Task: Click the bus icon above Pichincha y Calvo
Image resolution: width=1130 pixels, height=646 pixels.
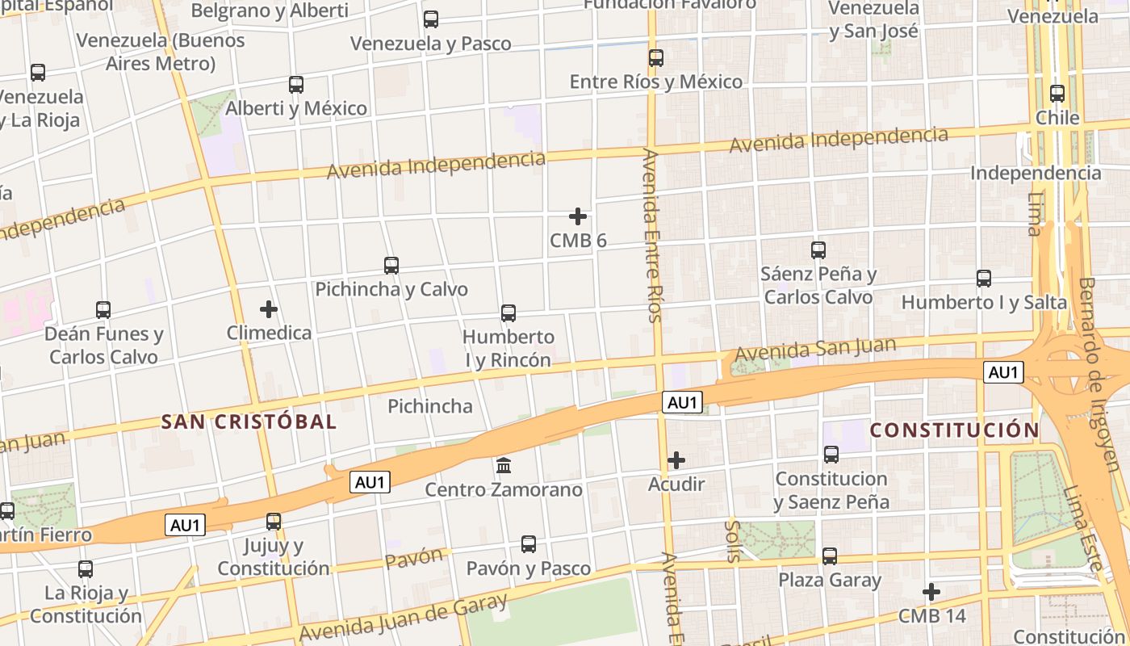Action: click(391, 265)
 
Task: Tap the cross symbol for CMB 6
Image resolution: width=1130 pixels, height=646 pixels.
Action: click(578, 216)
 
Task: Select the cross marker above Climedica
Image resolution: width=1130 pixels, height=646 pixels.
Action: click(269, 309)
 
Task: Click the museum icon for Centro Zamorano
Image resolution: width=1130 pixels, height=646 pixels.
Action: click(504, 465)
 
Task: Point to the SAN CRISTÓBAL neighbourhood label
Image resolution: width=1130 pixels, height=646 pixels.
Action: click(249, 422)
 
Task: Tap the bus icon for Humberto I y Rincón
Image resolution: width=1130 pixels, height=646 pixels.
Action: click(508, 313)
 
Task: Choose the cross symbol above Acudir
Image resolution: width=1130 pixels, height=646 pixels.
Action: click(676, 460)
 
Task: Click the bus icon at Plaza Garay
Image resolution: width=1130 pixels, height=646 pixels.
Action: click(830, 556)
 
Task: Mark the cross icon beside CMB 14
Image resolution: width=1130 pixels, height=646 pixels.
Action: click(931, 592)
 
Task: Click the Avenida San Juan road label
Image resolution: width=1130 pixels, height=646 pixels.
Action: click(815, 350)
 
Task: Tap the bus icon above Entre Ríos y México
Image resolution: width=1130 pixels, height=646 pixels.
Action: click(656, 58)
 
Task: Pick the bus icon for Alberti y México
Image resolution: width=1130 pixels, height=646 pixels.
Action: click(296, 84)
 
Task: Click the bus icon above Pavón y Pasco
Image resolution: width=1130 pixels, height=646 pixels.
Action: click(529, 544)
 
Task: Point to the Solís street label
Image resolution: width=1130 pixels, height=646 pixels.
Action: click(733, 541)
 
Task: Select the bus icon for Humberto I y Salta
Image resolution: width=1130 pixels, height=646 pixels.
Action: click(984, 279)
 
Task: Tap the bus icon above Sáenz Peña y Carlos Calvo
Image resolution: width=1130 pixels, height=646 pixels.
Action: click(818, 250)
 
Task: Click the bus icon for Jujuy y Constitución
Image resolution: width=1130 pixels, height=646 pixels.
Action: click(274, 521)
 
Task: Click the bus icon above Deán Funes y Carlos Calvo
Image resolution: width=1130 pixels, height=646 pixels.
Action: click(103, 309)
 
